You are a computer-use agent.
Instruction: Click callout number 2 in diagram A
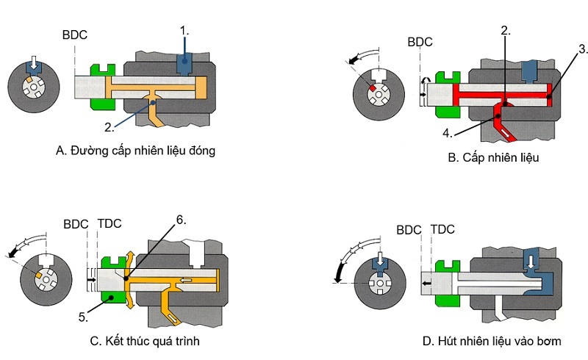[x=110, y=126]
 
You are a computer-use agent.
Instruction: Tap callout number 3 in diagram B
[x=582, y=50]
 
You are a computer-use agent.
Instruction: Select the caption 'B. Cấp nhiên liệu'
[x=487, y=156]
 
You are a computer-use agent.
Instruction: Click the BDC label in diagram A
[x=74, y=33]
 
